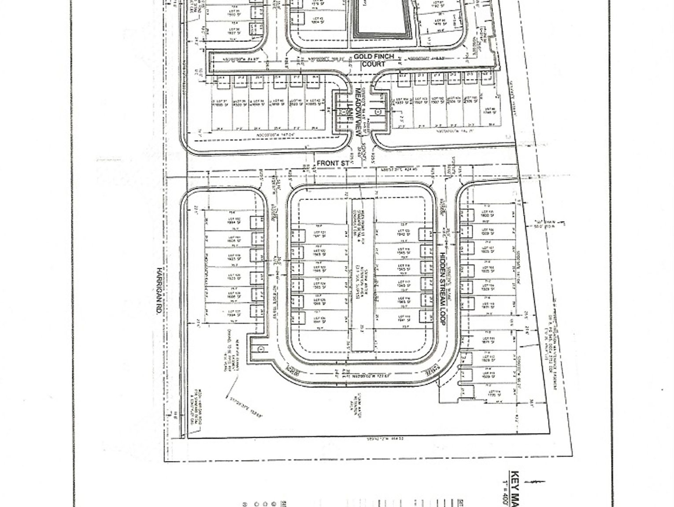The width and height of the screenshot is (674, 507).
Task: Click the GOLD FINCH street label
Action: click(x=374, y=57)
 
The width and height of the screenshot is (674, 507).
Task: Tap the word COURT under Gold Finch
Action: click(x=374, y=64)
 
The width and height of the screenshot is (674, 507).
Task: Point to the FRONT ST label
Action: click(x=333, y=163)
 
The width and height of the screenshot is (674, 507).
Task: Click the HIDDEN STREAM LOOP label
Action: click(x=443, y=289)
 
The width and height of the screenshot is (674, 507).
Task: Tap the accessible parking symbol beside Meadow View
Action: click(x=378, y=112)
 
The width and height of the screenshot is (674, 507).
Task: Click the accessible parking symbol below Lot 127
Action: click(x=261, y=349)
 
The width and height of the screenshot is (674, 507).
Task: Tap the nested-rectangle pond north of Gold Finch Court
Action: click(x=382, y=20)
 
